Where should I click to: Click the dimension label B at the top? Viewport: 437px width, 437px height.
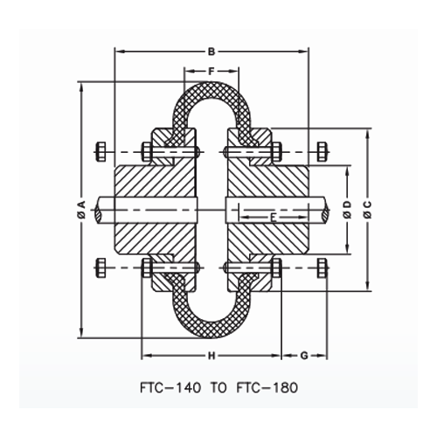point(211,50)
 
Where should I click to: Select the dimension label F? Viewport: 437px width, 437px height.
point(211,69)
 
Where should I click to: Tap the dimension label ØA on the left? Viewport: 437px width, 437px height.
point(80,209)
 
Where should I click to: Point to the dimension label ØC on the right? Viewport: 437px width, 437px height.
point(367,209)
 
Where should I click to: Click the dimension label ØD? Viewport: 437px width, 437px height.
point(347,209)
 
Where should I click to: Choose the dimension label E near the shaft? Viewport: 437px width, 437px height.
point(273,216)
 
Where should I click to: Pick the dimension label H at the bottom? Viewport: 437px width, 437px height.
point(211,356)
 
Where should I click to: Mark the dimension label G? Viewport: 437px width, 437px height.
point(304,356)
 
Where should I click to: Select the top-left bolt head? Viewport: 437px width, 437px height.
point(99,152)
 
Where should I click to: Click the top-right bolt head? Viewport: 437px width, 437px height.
point(323,152)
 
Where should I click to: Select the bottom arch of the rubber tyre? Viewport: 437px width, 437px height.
point(211,329)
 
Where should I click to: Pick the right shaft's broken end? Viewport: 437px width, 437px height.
point(327,209)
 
